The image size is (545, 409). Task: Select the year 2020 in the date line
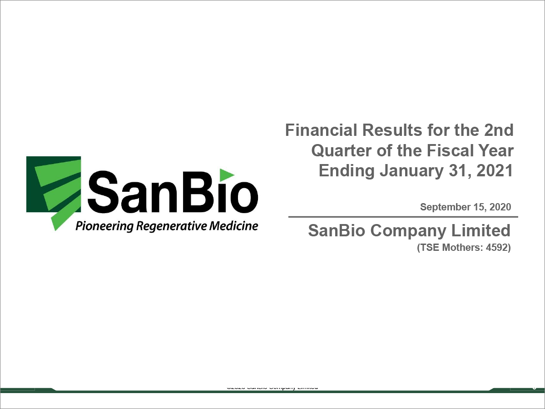pyautogui.click(x=499, y=207)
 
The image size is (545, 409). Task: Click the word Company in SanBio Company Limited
pyautogui.click(x=413, y=231)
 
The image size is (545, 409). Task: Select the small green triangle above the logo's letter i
pyautogui.click(x=227, y=175)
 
